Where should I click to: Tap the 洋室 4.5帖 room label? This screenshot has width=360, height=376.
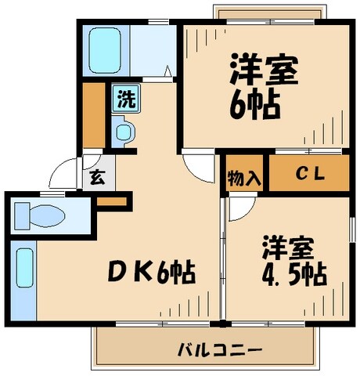click(x=293, y=262)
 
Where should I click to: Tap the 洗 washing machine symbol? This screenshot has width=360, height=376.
click(x=124, y=99)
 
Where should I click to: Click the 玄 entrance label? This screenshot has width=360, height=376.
click(x=96, y=177)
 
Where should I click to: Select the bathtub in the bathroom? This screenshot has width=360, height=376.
click(x=103, y=49)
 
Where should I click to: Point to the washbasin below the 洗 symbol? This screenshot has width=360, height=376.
click(x=124, y=132)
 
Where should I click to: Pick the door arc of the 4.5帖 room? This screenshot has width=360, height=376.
click(x=241, y=207)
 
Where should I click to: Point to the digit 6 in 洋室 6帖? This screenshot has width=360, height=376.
click(x=238, y=107)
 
